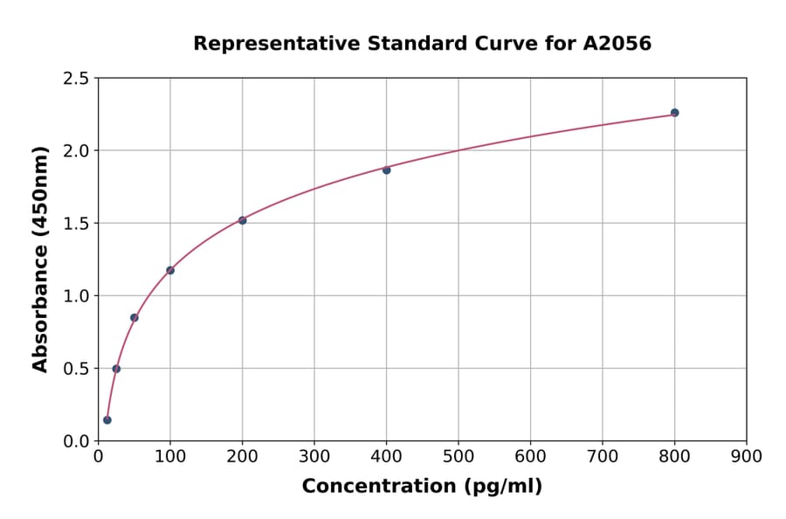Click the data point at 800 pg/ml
pyautogui.click(x=674, y=113)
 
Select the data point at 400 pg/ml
pyautogui.click(x=386, y=170)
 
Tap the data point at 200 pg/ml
pyautogui.click(x=242, y=220)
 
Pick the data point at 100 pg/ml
pyautogui.click(x=170, y=270)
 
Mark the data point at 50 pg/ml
pyautogui.click(x=134, y=317)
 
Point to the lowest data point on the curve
pyautogui.click(x=107, y=420)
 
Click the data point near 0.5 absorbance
pyautogui.click(x=116, y=369)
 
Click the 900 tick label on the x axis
pyautogui.click(x=747, y=456)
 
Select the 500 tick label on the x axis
pyautogui.click(x=458, y=456)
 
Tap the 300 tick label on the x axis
pyautogui.click(x=314, y=456)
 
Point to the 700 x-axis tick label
pyautogui.click(x=603, y=456)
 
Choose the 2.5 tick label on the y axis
pyautogui.click(x=76, y=79)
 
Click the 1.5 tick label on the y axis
pyautogui.click(x=76, y=224)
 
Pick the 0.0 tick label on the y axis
pyautogui.click(x=76, y=441)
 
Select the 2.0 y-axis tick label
pyautogui.click(x=76, y=151)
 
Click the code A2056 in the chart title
pyautogui.click(x=617, y=44)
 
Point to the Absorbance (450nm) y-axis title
pyautogui.click(x=40, y=259)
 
